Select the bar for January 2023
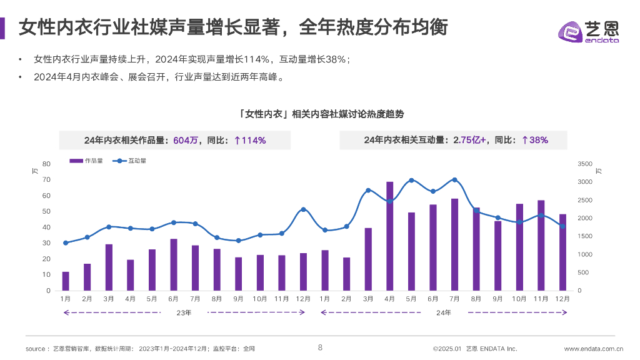(x=66, y=281)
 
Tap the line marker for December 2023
(x=303, y=209)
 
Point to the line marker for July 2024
(x=454, y=180)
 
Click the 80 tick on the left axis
(x=47, y=164)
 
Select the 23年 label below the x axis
(x=184, y=312)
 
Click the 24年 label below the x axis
(x=444, y=312)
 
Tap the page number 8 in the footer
(x=320, y=348)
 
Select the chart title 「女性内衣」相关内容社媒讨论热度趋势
(x=321, y=114)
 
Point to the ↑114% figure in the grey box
(x=250, y=141)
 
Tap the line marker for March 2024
(x=368, y=190)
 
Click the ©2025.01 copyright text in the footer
(x=447, y=349)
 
